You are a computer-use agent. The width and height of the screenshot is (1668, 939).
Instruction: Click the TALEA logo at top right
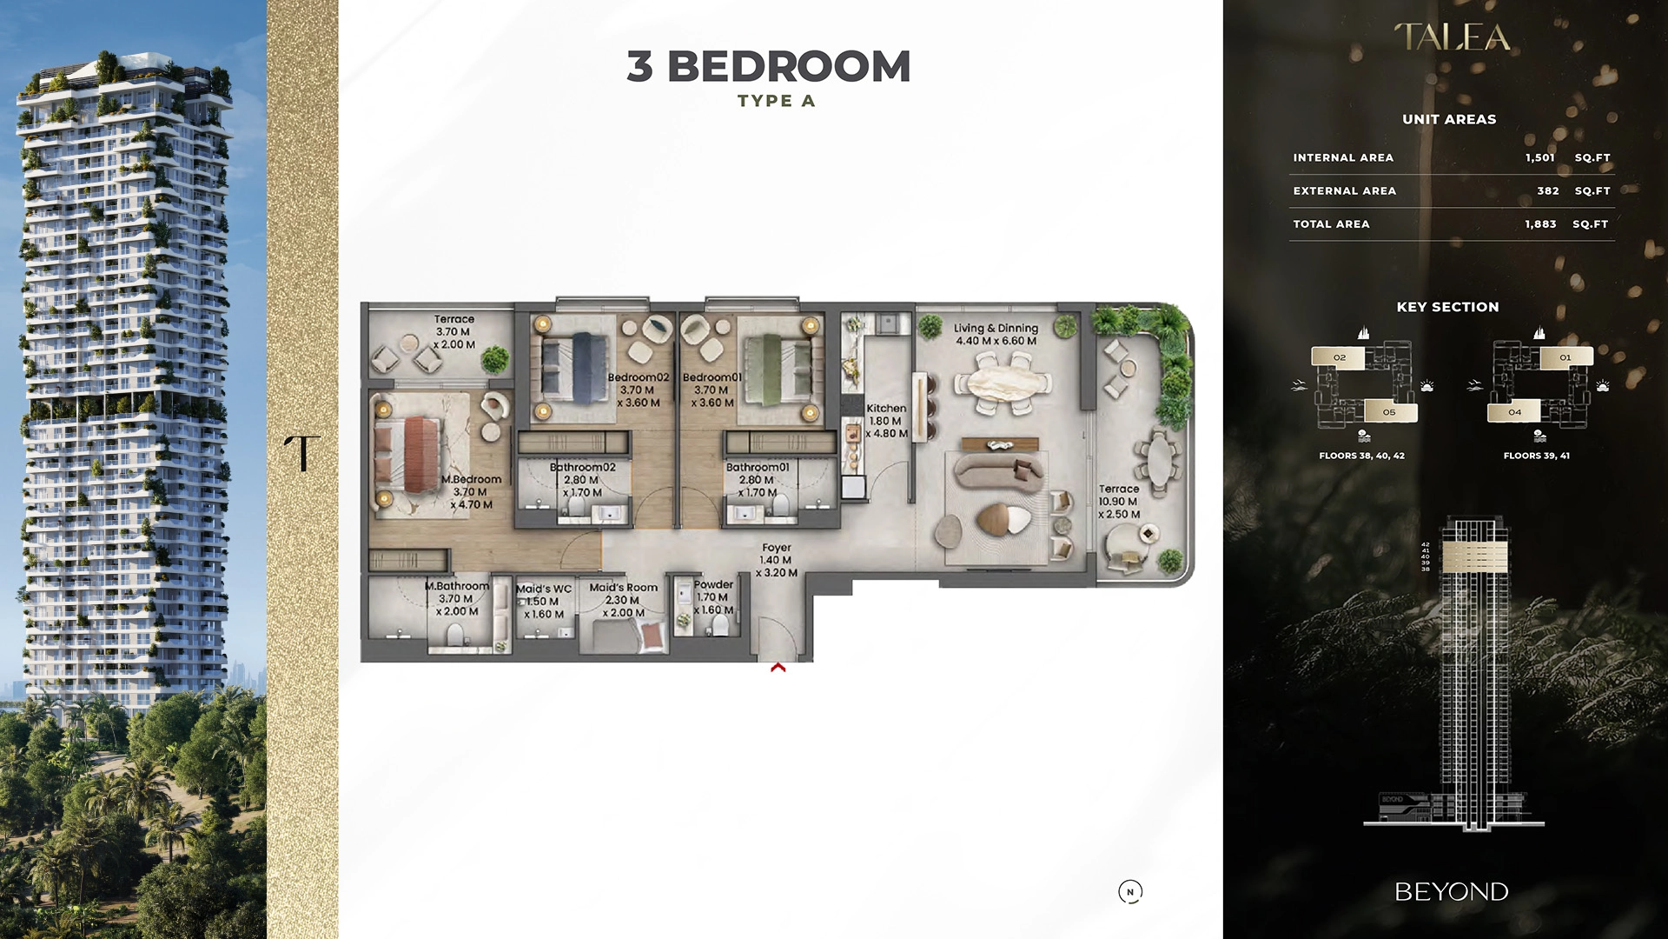(1452, 37)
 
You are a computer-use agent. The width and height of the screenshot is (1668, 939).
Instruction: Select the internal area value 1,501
(1539, 157)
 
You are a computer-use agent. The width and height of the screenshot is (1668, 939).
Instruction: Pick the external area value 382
(1547, 190)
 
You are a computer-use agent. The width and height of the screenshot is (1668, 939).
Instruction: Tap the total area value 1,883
(1540, 223)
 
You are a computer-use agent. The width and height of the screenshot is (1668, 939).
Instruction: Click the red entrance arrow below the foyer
(778, 668)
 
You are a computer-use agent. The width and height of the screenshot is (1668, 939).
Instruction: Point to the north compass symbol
(1130, 891)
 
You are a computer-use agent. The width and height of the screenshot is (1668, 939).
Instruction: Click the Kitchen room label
(886, 409)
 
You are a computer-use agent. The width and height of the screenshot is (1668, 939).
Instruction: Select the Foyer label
(777, 548)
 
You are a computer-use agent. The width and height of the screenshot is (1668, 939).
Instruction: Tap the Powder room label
(714, 584)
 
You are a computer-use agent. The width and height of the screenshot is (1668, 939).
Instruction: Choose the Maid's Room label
(624, 588)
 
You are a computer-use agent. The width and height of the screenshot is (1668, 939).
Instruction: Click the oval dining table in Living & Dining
(1003, 383)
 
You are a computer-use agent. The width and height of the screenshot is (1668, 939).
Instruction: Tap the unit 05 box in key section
(1388, 412)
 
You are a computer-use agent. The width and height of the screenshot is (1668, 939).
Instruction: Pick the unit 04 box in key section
(1515, 412)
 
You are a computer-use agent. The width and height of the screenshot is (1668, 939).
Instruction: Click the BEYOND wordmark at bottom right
(1451, 892)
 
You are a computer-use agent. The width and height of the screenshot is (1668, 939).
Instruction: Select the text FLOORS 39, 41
(1536, 456)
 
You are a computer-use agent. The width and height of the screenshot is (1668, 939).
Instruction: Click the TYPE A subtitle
(776, 101)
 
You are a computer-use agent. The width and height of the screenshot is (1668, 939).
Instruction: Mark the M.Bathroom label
(457, 586)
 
